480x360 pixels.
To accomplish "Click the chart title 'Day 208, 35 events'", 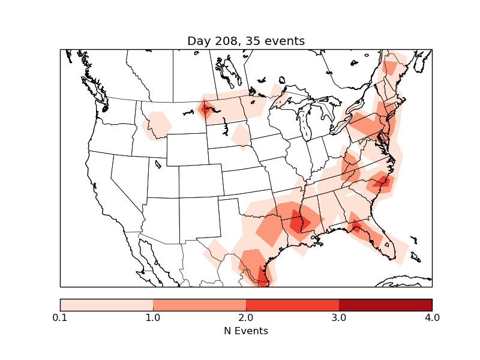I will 246,41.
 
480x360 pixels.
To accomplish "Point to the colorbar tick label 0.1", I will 60,317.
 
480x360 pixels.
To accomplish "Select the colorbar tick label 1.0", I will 153,317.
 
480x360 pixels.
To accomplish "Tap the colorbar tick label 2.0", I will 246,317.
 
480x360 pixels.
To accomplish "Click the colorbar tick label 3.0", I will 339,317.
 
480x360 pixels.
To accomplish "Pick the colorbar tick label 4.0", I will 431,317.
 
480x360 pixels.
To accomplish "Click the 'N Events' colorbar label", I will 246,331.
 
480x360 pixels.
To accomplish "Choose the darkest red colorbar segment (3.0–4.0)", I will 385,305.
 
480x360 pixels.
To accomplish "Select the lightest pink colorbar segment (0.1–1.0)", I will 107,305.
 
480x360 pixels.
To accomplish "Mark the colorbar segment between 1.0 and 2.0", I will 199,305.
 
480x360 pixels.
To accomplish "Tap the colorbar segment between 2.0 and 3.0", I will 292,305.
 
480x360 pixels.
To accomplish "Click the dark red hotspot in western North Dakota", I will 207,110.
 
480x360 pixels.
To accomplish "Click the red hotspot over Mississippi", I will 297,223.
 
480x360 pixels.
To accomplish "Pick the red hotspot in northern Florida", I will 359,228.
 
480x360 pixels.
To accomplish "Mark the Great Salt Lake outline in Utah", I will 158,164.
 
